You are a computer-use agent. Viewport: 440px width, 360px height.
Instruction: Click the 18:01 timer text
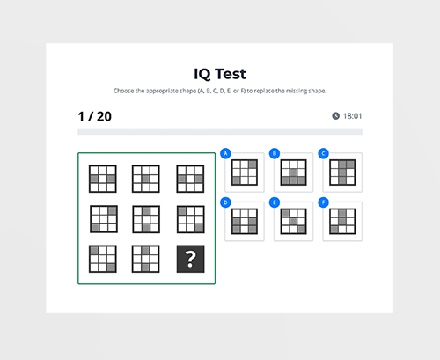tap(353, 115)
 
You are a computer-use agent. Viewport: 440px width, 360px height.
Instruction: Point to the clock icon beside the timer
tap(335, 115)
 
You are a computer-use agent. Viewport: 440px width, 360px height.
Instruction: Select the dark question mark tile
tap(190, 258)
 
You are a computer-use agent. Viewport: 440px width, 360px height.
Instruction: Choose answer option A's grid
tap(245, 173)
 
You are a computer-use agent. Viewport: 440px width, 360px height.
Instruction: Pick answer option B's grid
tap(293, 173)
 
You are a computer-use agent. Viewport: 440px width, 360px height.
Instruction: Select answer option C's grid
tap(341, 173)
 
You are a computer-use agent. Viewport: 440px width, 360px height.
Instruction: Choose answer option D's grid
tap(245, 222)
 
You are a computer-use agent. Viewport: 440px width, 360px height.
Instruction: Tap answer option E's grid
tap(293, 222)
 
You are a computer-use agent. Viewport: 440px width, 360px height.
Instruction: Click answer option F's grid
tap(341, 222)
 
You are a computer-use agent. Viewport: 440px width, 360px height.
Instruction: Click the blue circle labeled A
tap(226, 154)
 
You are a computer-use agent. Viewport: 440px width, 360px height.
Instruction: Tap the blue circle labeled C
tap(324, 154)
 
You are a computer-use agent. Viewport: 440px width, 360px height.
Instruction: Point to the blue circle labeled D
tap(226, 202)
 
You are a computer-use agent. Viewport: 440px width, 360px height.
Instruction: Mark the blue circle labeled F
tap(324, 202)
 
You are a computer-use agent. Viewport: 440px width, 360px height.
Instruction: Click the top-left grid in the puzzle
tap(102, 179)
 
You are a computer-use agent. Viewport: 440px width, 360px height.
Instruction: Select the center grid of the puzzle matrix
tap(146, 218)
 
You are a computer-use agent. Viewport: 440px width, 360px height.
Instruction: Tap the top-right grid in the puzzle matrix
tap(190, 179)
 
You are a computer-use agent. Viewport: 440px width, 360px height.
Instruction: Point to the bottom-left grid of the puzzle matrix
tap(102, 258)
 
